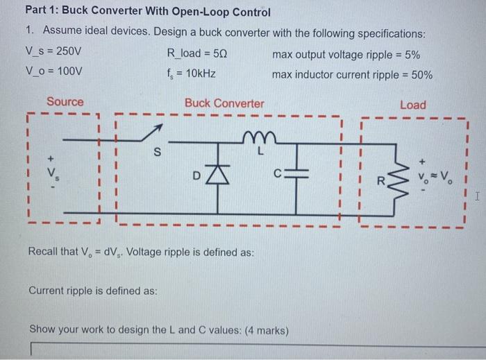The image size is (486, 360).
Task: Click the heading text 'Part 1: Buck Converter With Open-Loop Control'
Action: (147, 12)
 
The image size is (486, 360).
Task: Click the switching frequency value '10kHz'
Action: (199, 73)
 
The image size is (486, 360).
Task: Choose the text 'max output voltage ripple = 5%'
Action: (346, 55)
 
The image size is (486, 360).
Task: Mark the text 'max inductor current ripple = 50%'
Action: (353, 73)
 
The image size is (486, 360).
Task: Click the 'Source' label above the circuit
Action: (65, 103)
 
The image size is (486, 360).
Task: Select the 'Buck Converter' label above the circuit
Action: (224, 103)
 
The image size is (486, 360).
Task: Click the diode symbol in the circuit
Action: (219, 176)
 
